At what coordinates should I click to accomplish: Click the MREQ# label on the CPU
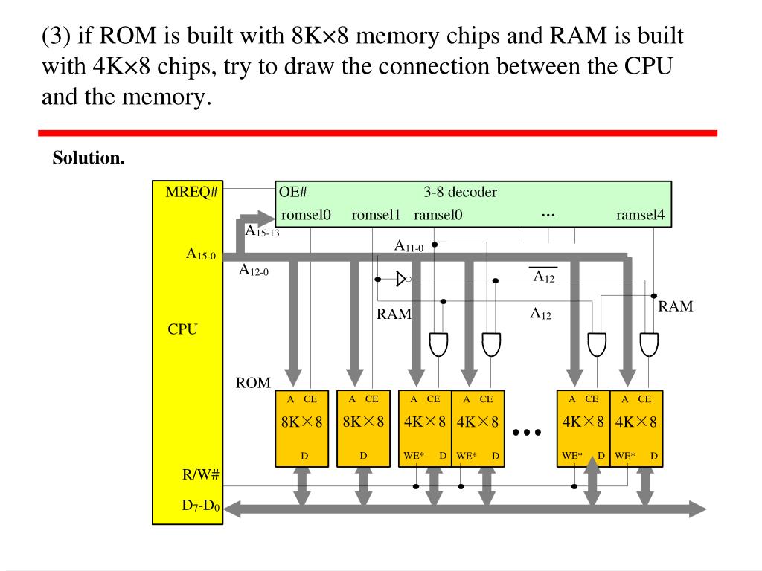coord(191,193)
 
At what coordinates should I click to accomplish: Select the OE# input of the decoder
coord(293,193)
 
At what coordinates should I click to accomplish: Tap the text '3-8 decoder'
coord(460,193)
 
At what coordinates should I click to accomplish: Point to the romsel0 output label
coord(306,216)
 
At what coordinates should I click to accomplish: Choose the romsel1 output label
coord(376,216)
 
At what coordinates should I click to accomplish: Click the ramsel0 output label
coord(438,216)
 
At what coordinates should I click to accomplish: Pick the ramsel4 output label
coord(641,216)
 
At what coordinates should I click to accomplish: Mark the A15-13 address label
coord(261,231)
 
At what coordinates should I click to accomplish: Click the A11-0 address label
coord(409,246)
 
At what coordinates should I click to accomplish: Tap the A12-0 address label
coord(254,270)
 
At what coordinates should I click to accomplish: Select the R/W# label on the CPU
coord(200,475)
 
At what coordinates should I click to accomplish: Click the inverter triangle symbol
coord(402,279)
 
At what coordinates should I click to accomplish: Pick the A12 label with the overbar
coord(543,277)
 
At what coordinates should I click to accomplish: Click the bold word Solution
coord(89,158)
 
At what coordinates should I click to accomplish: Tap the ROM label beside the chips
coord(253,383)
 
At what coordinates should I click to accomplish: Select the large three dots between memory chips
coord(526,432)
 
